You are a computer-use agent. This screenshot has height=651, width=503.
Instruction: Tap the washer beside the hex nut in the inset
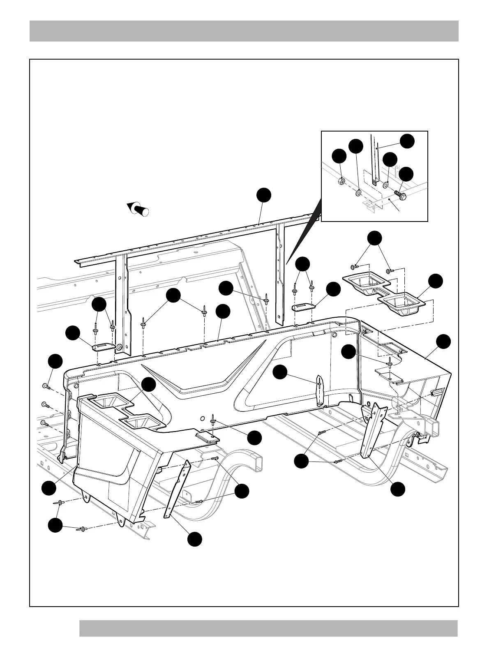358,192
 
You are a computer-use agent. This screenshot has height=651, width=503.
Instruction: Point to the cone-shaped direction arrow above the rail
138,208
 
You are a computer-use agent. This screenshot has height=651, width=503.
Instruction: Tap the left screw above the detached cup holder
357,267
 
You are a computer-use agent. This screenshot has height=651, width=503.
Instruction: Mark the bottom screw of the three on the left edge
45,422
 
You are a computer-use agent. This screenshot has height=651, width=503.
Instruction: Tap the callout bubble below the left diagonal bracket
195,539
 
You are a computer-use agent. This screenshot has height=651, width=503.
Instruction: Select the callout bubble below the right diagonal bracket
397,489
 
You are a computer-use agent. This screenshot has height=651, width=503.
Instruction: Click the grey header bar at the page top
244,31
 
